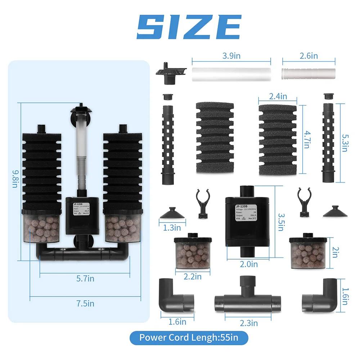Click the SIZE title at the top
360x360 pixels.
click(189, 27)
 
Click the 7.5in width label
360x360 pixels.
click(85, 303)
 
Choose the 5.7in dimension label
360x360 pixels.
click(85, 278)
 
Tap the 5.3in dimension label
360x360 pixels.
click(345, 138)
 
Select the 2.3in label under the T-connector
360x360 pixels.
click(249, 323)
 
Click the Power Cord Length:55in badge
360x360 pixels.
click(189, 338)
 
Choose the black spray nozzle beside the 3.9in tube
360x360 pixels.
click(170, 71)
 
